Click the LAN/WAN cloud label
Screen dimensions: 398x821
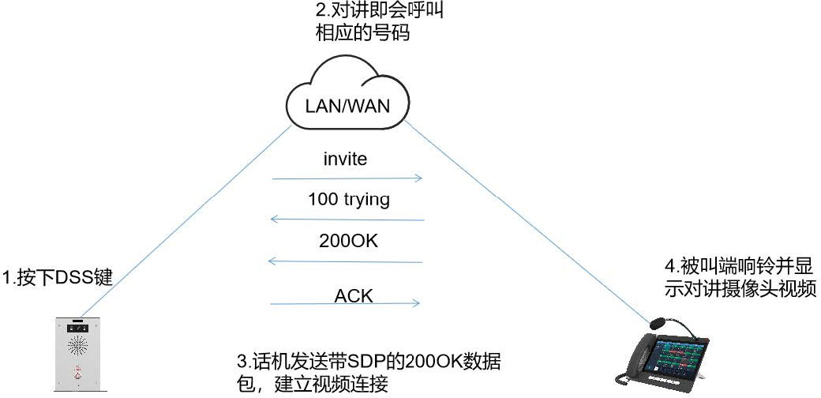click(347, 104)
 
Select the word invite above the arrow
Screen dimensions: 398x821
click(346, 159)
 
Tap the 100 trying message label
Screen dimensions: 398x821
click(349, 199)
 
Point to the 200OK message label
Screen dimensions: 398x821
click(348, 241)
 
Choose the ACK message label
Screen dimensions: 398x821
click(353, 296)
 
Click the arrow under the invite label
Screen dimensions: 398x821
click(347, 179)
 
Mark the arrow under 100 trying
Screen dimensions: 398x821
click(347, 220)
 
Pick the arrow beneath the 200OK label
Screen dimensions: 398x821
click(347, 261)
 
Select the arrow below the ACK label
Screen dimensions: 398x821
click(346, 304)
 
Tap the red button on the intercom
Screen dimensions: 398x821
click(77, 375)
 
